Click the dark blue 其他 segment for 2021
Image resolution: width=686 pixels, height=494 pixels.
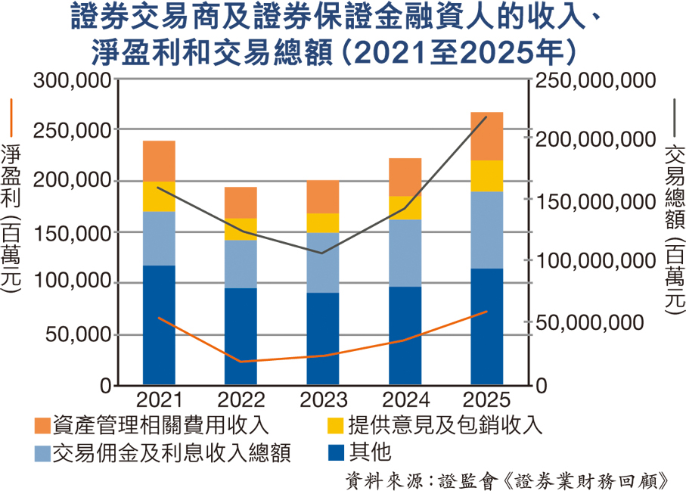point(159,325)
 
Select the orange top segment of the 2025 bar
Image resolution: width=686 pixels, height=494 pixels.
point(486,136)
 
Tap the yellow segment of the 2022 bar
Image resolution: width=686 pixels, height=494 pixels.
point(241,229)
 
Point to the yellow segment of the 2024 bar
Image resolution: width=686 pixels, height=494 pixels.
point(405,207)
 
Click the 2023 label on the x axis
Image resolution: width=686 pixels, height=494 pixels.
point(323,399)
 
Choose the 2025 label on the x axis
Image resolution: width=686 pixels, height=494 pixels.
point(486,399)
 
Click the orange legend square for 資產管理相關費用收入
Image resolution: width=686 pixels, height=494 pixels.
point(42,425)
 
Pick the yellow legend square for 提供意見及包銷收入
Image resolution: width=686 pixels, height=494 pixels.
point(333,425)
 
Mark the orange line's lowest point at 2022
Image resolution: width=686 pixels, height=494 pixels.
point(241,362)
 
